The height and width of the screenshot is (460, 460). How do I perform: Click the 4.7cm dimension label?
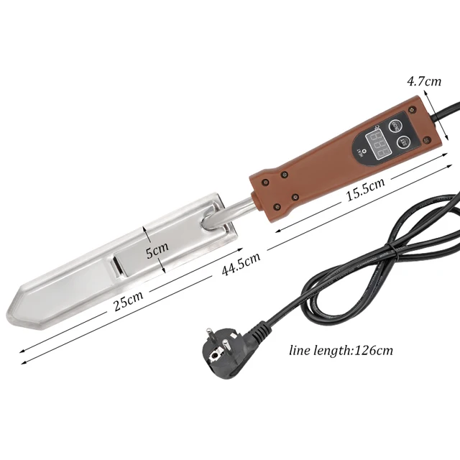pyautogui.click(x=424, y=81)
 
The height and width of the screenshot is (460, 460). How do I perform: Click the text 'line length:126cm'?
pyautogui.click(x=341, y=351)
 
